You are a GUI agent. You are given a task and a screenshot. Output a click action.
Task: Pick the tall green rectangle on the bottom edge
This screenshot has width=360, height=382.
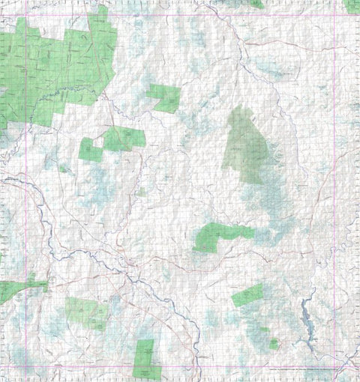coord(143,358)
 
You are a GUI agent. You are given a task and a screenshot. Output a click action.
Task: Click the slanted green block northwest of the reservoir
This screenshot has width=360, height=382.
coord(248,295)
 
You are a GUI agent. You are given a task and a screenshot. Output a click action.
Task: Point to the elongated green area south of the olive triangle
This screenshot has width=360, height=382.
coord(221,237)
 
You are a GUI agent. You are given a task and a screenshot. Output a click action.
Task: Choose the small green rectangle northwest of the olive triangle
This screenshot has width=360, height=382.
coord(164,97)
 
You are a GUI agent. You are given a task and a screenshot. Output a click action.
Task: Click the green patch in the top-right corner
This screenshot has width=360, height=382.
coord(352,5)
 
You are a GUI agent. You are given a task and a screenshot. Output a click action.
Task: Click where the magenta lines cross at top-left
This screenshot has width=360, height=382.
coord(26,16)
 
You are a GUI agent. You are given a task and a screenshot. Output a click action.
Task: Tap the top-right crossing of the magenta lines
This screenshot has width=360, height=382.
coord(334,16)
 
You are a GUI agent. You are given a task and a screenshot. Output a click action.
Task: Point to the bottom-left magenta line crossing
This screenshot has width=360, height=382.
coord(26,367)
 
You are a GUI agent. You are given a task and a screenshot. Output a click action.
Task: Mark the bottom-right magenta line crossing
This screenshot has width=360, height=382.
coord(334,367)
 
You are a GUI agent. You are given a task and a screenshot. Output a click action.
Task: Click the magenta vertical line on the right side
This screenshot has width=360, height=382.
coord(334,187)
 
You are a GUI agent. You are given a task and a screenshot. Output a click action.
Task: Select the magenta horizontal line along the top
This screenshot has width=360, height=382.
coord(180,16)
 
